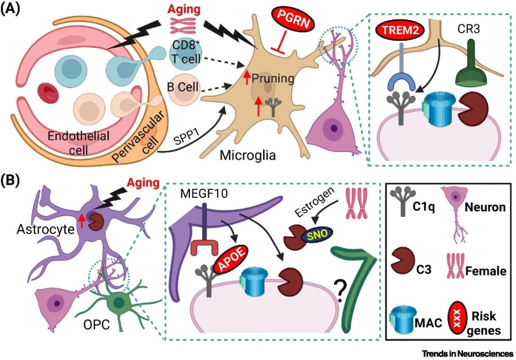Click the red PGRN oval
293,22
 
